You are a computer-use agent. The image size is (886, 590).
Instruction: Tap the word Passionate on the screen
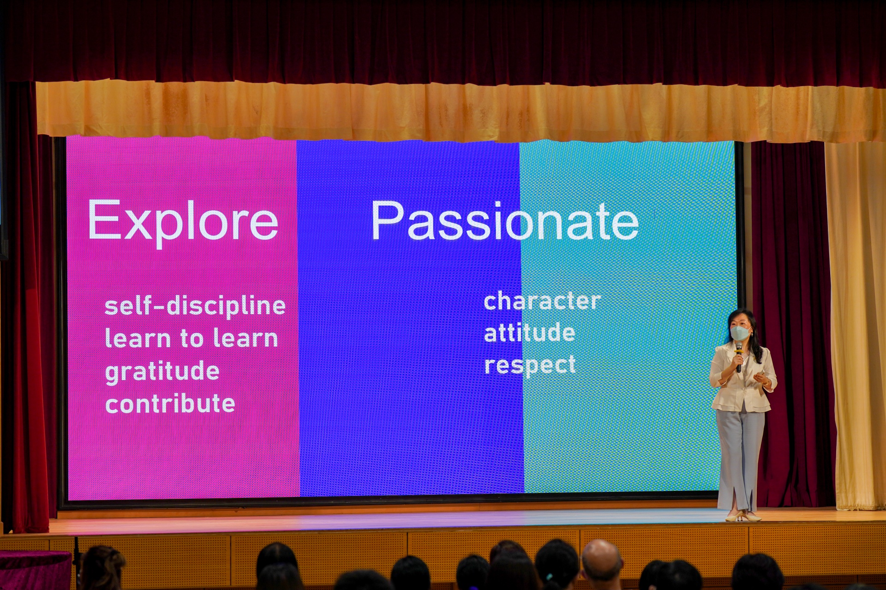(505, 221)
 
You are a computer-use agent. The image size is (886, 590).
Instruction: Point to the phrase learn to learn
(192, 338)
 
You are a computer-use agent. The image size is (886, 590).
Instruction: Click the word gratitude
(162, 372)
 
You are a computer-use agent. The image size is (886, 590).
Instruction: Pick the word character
(542, 301)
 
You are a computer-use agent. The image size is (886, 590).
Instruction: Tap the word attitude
(529, 332)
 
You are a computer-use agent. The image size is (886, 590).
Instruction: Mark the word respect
(530, 365)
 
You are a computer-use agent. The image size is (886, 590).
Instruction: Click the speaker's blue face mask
(740, 332)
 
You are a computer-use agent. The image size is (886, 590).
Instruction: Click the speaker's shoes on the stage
(742, 516)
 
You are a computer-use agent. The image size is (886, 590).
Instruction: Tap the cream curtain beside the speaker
(855, 323)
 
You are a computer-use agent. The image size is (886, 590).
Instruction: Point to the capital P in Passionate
(387, 220)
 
